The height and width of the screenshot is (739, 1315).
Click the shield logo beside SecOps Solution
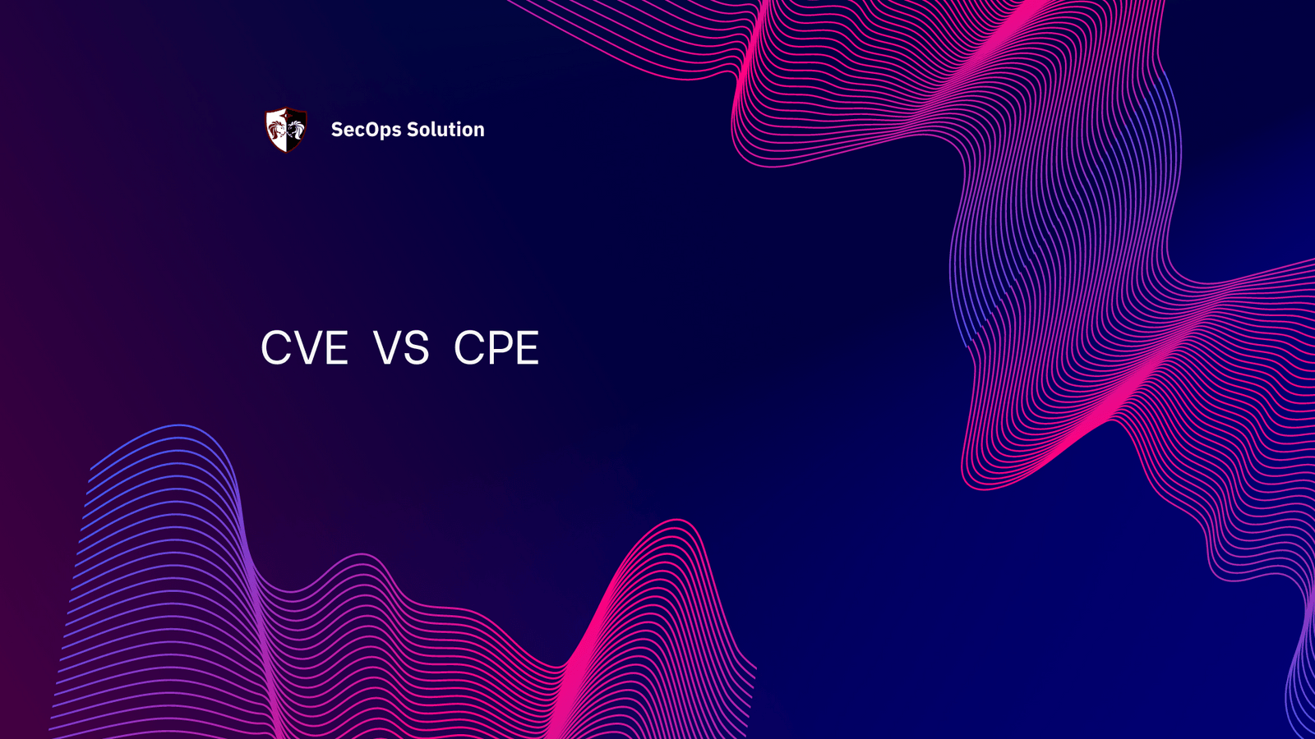[x=286, y=130]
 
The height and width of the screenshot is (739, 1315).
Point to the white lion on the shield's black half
[x=296, y=129]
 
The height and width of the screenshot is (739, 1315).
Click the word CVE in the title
[x=304, y=348]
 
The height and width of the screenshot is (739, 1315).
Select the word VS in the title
[x=401, y=348]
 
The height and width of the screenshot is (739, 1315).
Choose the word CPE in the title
[x=496, y=348]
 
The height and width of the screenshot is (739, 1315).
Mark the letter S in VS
[x=417, y=348]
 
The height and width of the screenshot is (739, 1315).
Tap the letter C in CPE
[x=468, y=348]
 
